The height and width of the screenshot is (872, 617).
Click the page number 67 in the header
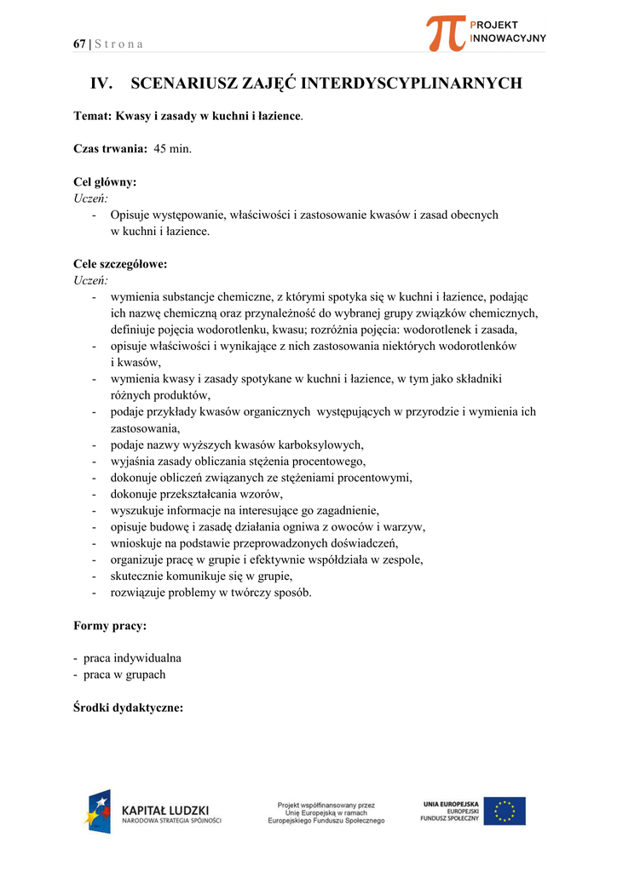pos(79,44)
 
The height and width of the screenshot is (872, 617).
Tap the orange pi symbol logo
pos(447,32)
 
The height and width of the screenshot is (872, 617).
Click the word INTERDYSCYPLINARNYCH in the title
pos(412,83)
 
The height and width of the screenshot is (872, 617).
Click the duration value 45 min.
pos(173,148)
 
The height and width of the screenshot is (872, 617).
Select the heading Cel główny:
pos(105,181)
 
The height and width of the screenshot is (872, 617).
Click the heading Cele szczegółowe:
pos(120,264)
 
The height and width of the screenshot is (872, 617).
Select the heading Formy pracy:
pos(110,626)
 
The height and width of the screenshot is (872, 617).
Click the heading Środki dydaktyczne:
pos(129,708)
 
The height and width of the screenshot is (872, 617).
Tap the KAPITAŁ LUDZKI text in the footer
pos(165,810)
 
